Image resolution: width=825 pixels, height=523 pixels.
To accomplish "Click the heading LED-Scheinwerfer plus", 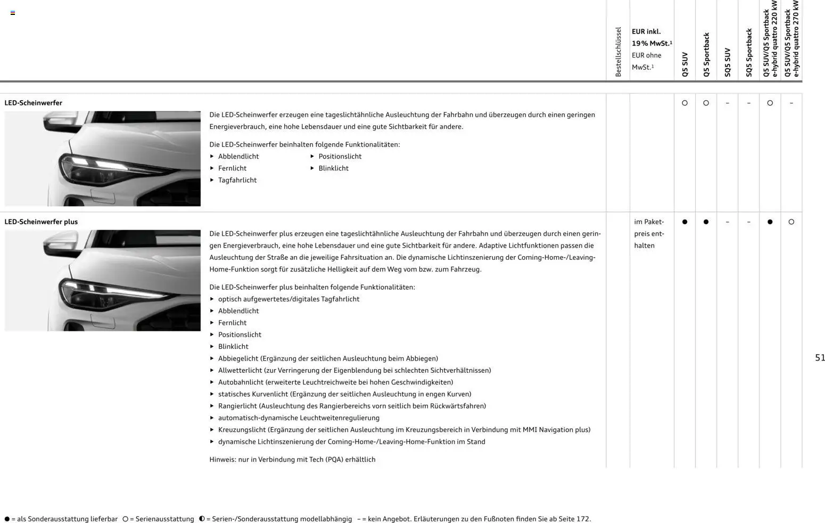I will coord(41,222).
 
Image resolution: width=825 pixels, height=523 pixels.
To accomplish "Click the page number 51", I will coord(820,358).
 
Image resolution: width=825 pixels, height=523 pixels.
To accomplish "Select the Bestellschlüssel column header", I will coord(618,52).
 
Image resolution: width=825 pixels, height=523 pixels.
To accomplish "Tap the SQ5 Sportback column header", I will coord(749,53).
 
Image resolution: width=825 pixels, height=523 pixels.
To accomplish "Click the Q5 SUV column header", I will coord(685,64).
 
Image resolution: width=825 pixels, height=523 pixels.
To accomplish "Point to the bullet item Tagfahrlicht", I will coord(237,180).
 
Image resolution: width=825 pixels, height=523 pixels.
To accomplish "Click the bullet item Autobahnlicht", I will coord(241,382).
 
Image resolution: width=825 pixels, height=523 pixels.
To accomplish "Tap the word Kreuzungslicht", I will coord(242,430).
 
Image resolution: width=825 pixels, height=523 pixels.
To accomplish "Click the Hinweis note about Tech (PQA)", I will coord(292,459).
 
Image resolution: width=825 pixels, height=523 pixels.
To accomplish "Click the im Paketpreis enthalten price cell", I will coord(649,233).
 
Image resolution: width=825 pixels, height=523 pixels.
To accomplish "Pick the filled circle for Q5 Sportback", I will coord(706,222).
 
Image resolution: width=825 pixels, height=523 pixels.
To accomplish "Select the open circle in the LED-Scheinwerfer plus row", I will coord(791,222).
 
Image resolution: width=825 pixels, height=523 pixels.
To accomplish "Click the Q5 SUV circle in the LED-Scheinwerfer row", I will coord(684,103).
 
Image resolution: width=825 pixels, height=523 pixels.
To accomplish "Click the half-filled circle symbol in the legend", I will coord(202,519).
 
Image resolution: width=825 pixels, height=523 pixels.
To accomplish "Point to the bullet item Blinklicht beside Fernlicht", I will coord(333,168).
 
